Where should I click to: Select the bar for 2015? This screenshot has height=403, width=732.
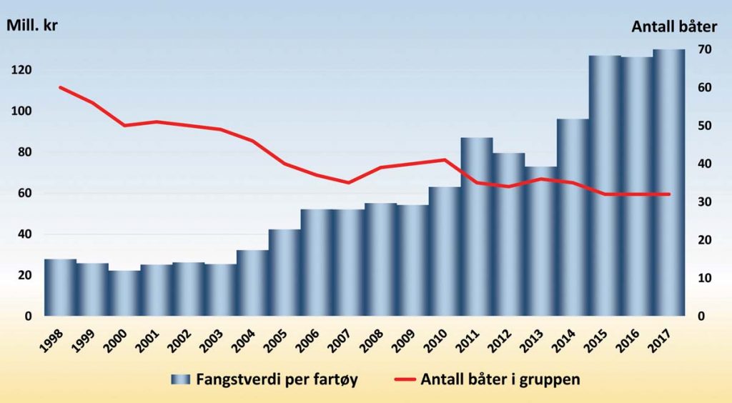605,186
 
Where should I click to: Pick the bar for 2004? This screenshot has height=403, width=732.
252,283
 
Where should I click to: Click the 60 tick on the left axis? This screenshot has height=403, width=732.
26,194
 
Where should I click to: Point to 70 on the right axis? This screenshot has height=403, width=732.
704,49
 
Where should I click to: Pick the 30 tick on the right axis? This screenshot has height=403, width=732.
704,202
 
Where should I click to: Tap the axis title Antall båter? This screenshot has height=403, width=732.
673,27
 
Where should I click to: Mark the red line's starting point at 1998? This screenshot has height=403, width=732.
60,87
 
